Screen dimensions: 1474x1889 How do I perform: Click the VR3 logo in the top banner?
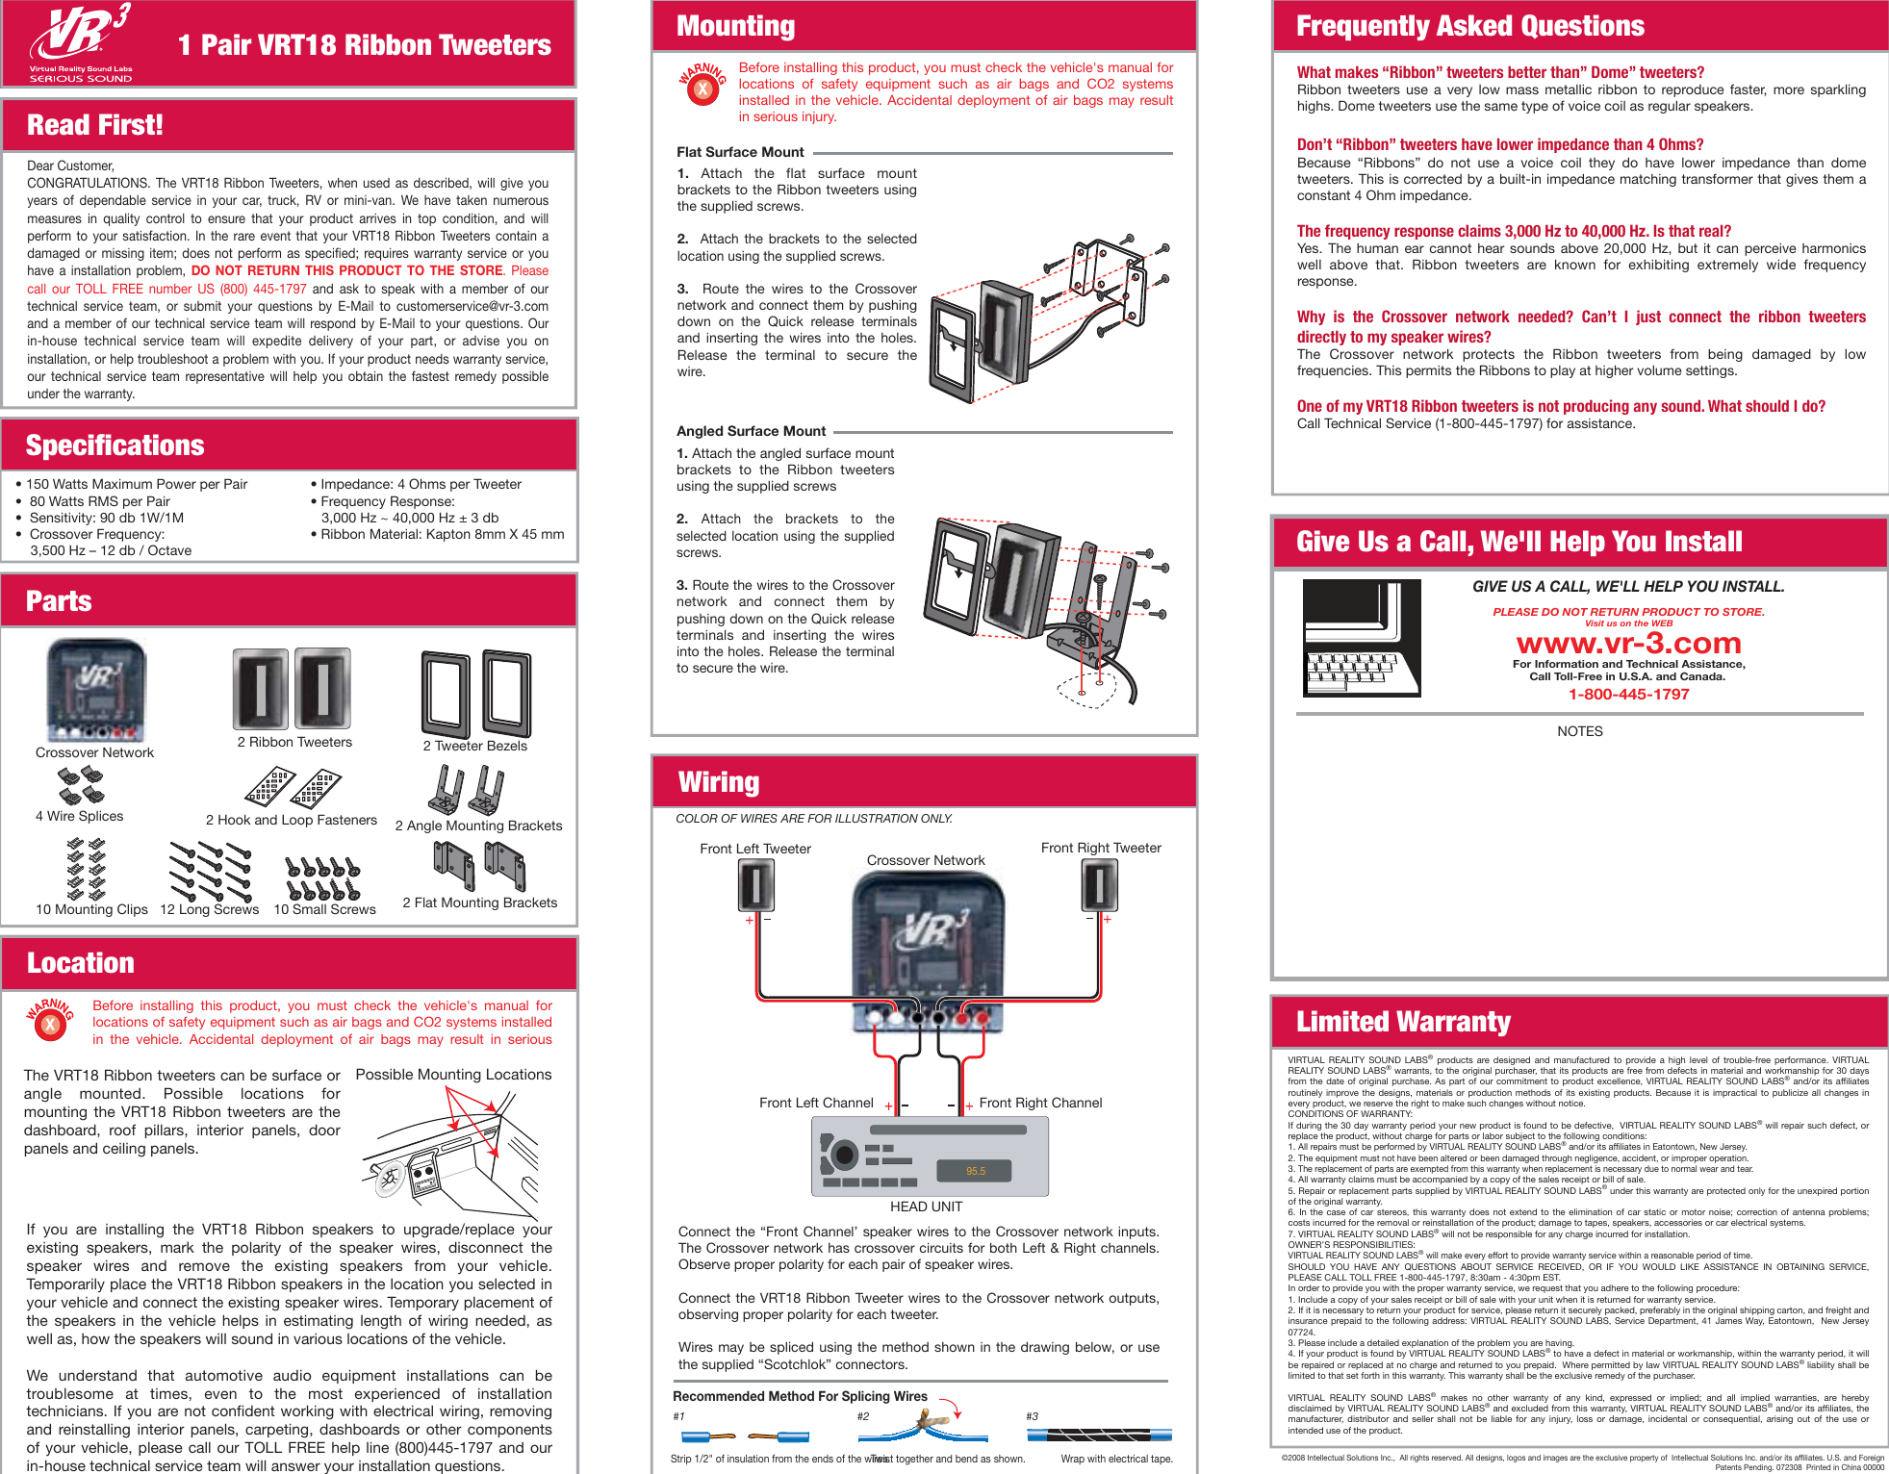81,41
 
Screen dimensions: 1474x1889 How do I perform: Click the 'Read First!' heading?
95,125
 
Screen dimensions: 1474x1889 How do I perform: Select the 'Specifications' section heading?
115,445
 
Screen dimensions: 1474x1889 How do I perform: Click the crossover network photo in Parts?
96,691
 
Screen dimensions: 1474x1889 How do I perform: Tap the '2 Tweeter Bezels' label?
474,746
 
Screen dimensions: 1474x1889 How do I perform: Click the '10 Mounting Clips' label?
91,909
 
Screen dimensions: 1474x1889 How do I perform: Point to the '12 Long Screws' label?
209,909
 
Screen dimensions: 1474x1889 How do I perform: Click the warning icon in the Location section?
50,1022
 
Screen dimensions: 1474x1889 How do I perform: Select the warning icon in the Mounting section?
702,87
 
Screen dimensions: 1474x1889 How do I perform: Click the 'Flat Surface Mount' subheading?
740,152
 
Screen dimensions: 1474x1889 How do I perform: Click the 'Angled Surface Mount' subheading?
751,431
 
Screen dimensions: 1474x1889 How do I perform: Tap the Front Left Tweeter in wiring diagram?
756,885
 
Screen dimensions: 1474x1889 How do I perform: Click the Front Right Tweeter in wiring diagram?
1100,885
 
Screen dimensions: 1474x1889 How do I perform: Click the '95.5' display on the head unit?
975,1171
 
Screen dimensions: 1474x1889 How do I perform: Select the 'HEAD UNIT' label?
926,1207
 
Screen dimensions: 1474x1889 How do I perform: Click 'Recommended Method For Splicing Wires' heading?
800,1396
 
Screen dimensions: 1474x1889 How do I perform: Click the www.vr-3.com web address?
1628,643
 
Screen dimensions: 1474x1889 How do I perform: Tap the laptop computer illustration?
1361,637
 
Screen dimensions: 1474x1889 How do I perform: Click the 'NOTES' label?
1579,731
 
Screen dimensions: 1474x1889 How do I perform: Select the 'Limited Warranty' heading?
1403,1022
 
